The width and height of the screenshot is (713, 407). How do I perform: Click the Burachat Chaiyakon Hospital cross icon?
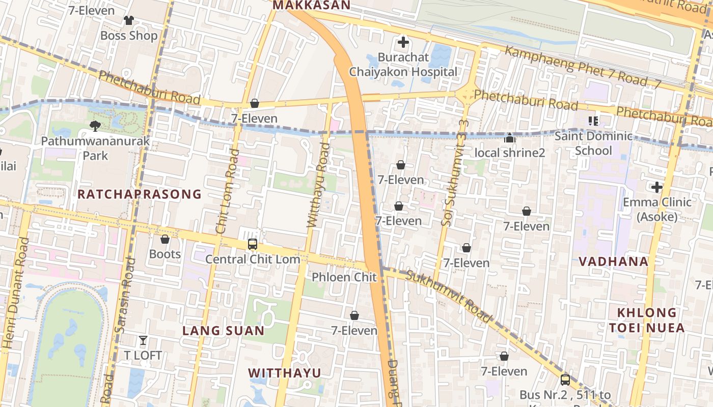coord(403,42)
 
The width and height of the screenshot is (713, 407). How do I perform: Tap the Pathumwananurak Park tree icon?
coord(95,126)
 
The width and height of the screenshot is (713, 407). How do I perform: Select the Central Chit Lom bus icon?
coord(253,244)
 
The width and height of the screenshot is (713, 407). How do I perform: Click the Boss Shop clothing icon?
coord(128,20)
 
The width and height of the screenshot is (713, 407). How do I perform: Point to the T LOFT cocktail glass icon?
coord(143,340)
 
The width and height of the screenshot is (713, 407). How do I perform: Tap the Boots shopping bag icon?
coord(165,239)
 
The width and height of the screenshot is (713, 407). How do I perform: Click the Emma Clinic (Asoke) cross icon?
coord(657,187)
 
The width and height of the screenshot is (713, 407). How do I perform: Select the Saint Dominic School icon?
coord(593,121)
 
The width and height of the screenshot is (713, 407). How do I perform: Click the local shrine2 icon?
coord(509,138)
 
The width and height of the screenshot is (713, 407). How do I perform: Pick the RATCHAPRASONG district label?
coord(140,194)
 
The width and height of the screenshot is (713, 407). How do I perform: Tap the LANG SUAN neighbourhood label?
coord(224,331)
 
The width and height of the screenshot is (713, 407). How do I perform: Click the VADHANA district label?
coord(613,261)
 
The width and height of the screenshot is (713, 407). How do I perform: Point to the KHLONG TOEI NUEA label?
coord(647,320)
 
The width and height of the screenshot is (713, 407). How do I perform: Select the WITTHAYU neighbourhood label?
coord(285,373)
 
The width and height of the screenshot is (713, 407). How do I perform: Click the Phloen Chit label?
coord(344,277)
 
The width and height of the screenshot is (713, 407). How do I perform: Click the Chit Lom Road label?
coord(227,191)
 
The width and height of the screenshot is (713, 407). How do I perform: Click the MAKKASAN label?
coord(312,6)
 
